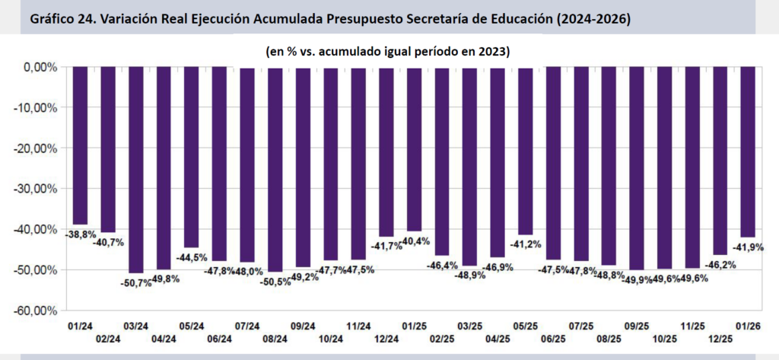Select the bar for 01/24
coord(81,145)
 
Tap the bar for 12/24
coord(386,151)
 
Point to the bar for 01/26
coord(748,151)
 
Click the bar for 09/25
coord(637,168)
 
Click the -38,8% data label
coord(80,234)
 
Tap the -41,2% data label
coord(525,244)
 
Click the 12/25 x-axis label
coord(720,339)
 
